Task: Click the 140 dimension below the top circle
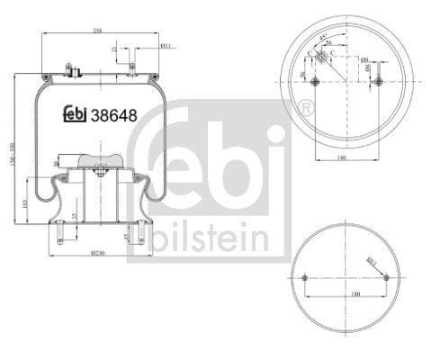pyautogui.click(x=346, y=156)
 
